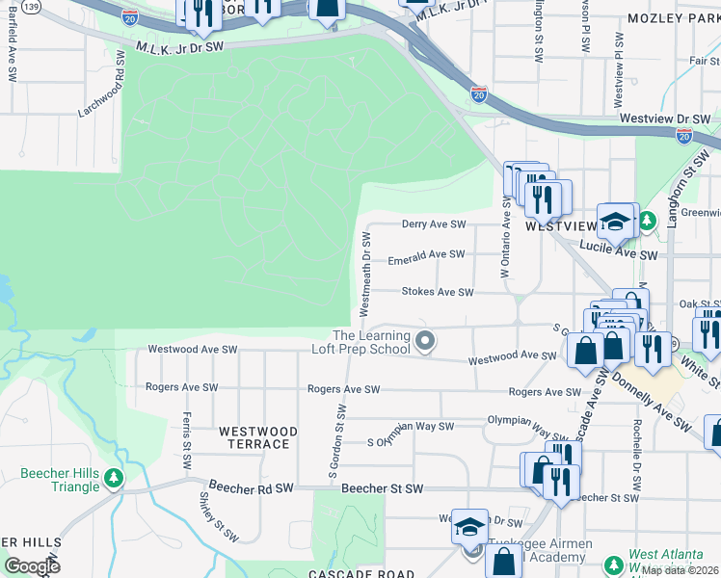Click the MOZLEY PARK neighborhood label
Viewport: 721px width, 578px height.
pyautogui.click(x=670, y=18)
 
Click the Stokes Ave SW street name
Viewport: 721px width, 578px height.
pyautogui.click(x=437, y=292)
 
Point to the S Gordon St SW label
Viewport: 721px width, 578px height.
pyautogui.click(x=337, y=442)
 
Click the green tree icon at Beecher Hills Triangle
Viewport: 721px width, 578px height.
pyautogui.click(x=114, y=478)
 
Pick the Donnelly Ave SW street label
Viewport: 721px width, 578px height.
pyautogui.click(x=651, y=397)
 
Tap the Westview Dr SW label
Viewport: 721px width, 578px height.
pyautogui.click(x=659, y=119)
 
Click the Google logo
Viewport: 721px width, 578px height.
pyautogui.click(x=33, y=566)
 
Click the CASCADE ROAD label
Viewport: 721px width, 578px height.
pyautogui.click(x=347, y=573)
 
